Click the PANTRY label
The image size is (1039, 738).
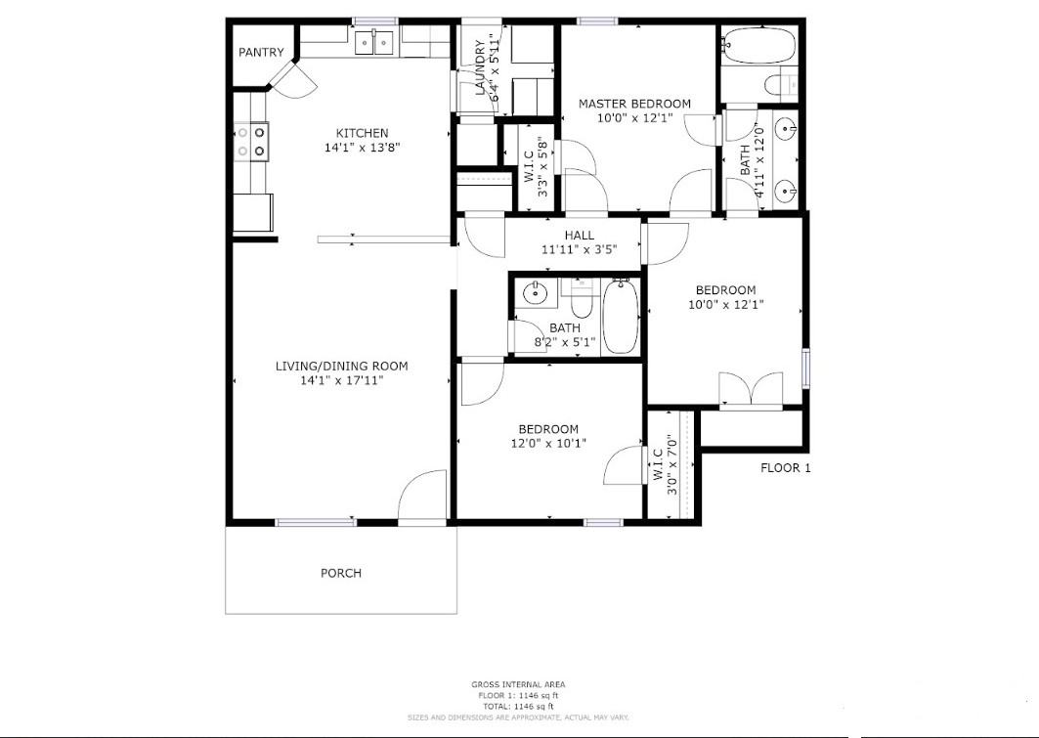click(261, 53)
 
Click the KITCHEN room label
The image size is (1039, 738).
click(362, 133)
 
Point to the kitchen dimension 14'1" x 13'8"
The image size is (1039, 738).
click(363, 149)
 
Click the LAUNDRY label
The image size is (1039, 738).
click(480, 69)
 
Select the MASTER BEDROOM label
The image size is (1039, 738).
click(634, 104)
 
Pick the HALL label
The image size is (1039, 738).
click(579, 236)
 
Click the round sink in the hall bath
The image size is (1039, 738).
click(535, 291)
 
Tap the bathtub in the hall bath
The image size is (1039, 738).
click(620, 316)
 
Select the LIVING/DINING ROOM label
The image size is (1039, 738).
click(341, 367)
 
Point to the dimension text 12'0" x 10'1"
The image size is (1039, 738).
click(547, 444)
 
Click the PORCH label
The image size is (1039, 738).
click(340, 573)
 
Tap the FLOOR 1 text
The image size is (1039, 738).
click(786, 468)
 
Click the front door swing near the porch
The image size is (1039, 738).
click(422, 496)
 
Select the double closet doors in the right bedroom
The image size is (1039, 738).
click(750, 389)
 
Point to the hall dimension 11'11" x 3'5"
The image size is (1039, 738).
click(579, 249)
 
